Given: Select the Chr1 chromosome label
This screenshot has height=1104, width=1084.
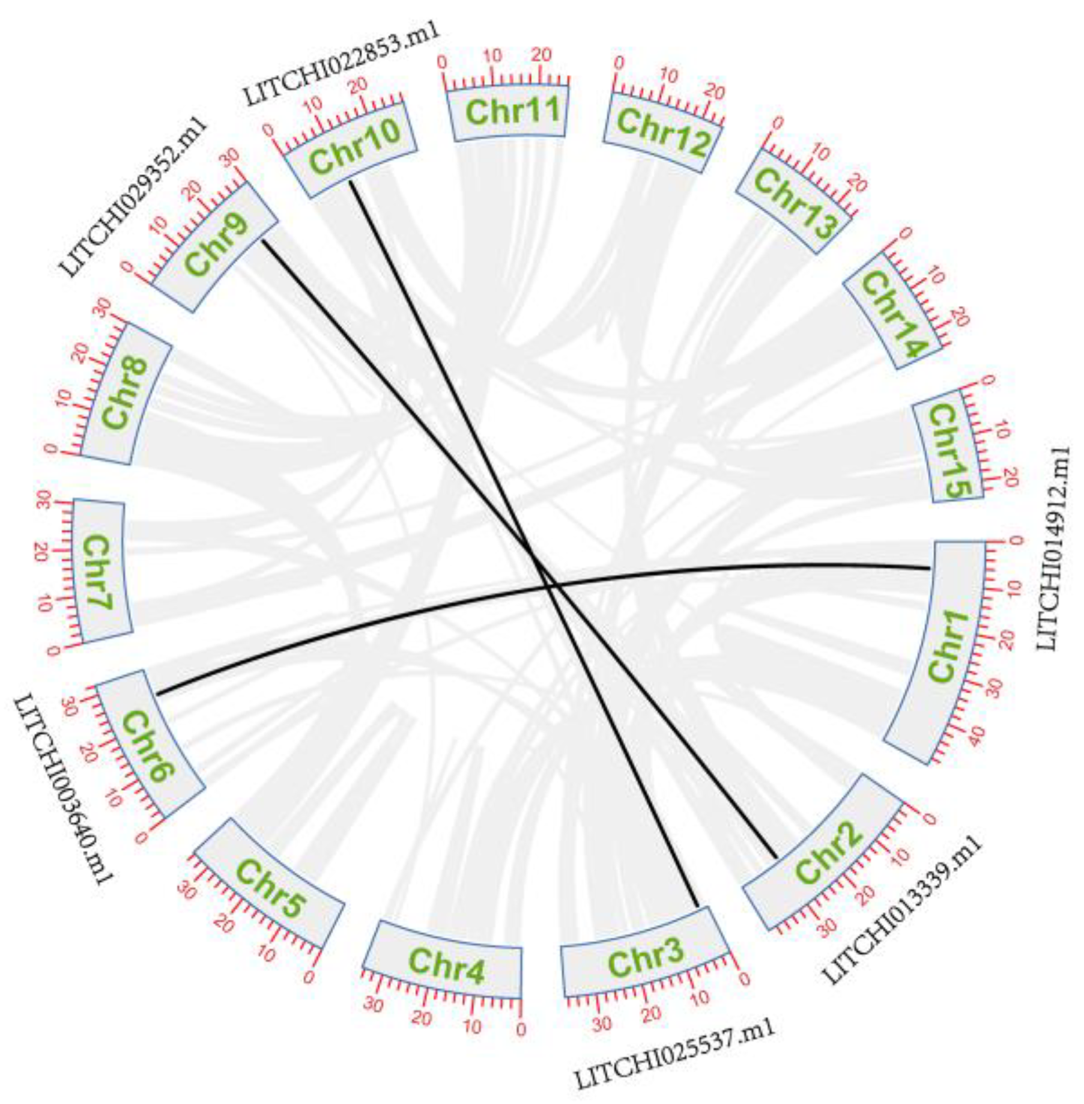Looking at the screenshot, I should [949, 647].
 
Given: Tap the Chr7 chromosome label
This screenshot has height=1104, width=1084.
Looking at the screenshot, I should [96, 572].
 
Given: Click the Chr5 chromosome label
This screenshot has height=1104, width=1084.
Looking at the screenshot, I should [271, 888].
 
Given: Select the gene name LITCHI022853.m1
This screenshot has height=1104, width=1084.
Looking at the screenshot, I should [342, 63].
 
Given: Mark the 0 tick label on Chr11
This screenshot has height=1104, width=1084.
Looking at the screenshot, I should [441, 63].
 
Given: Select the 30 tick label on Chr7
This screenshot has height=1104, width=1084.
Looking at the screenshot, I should [43, 499].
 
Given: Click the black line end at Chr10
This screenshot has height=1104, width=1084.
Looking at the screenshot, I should [351, 182].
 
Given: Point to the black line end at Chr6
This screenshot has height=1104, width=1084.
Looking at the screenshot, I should [158, 694].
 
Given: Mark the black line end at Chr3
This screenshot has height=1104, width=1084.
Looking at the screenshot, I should [697, 905].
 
